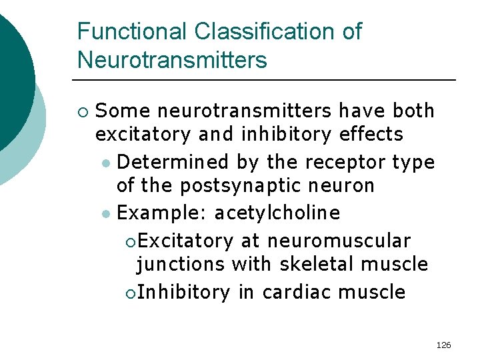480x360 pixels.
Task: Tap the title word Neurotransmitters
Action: (172, 60)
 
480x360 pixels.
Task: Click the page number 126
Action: (443, 345)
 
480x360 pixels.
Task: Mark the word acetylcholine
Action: (277, 213)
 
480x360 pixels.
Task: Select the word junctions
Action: (181, 264)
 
